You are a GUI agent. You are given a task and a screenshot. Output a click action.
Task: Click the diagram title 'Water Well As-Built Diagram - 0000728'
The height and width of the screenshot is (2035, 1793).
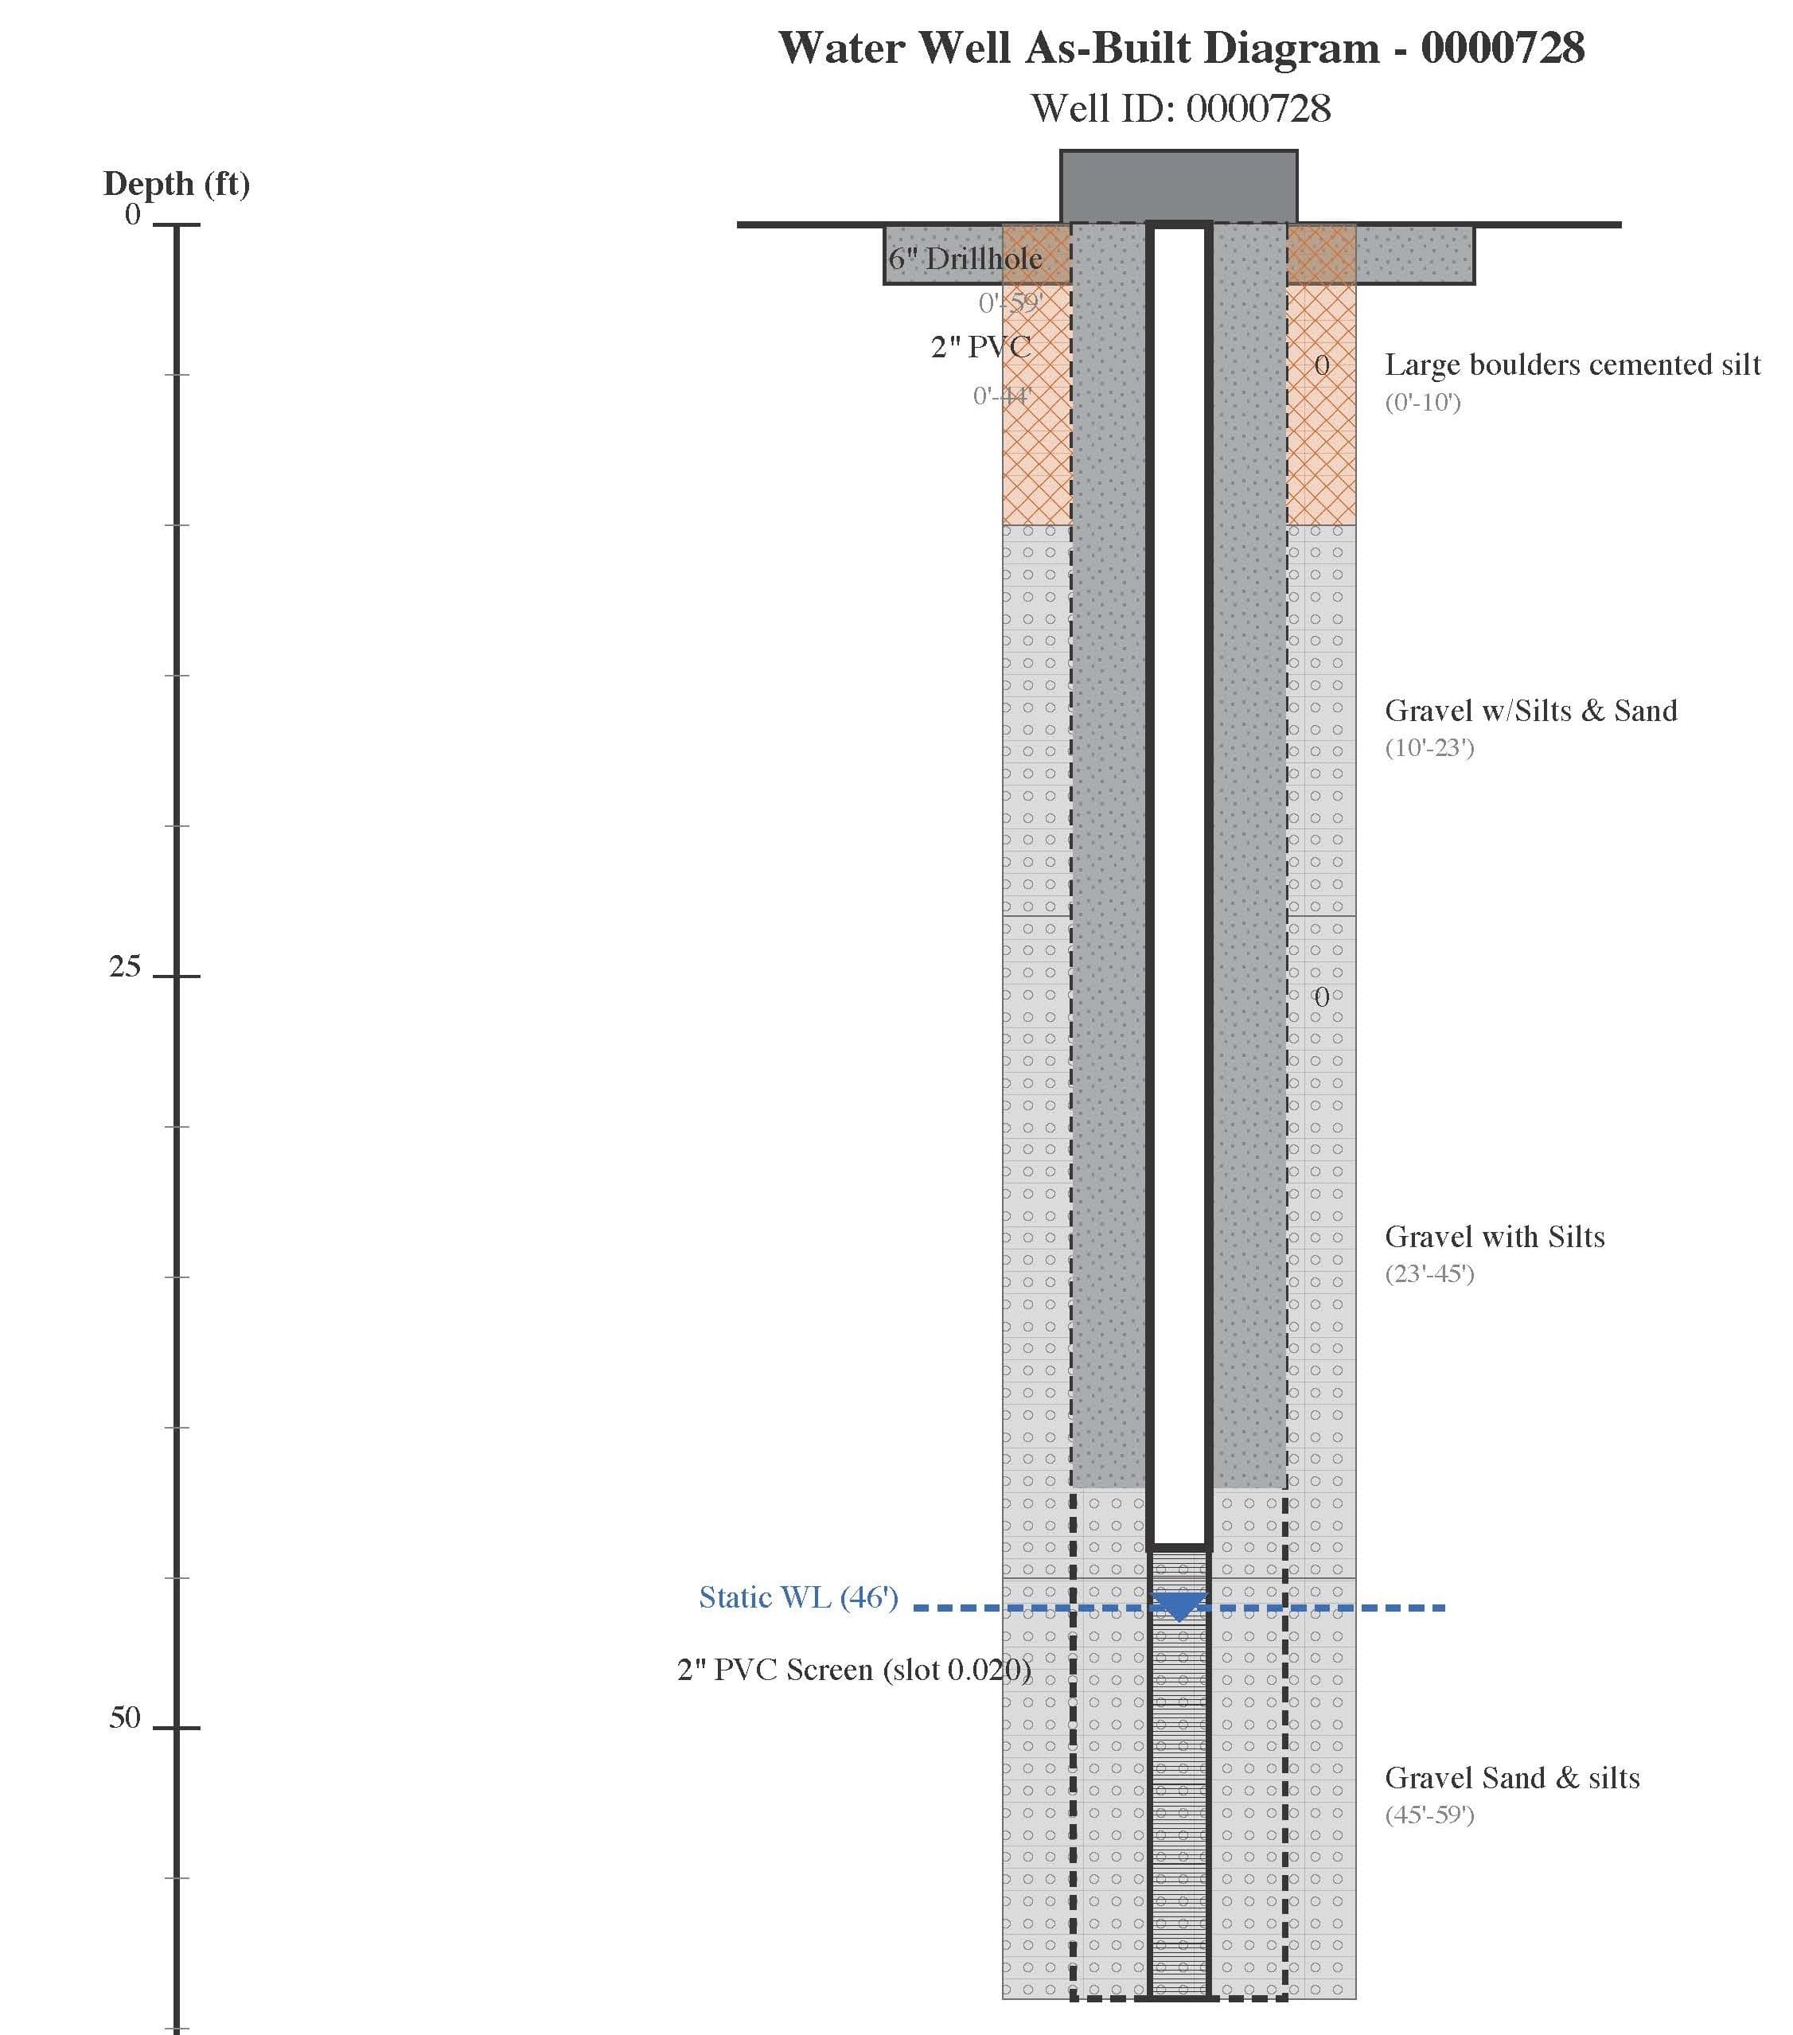(x=1181, y=48)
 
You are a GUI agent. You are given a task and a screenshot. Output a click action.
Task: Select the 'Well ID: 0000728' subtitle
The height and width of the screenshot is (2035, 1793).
(x=1181, y=108)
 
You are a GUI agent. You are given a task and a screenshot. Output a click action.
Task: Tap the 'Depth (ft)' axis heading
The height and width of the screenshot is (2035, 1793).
(x=176, y=183)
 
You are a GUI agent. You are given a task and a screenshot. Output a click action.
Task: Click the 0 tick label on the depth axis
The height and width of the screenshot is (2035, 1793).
(x=132, y=214)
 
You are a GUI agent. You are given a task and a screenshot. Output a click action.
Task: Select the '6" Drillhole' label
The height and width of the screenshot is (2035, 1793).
(x=965, y=259)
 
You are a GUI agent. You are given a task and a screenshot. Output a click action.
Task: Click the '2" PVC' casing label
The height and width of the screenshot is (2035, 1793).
(x=980, y=346)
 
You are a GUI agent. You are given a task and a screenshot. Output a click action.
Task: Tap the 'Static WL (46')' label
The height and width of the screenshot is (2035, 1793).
(x=798, y=1597)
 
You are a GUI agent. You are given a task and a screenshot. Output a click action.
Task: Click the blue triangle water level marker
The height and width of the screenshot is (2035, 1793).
(x=1179, y=1605)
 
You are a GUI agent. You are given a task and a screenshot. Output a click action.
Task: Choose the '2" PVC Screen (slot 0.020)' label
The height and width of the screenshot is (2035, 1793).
(x=854, y=1669)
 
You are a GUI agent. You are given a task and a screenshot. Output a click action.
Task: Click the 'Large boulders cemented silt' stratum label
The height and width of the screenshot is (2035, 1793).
(x=1572, y=365)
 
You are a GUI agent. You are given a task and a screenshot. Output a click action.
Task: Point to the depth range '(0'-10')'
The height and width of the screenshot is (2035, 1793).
(x=1423, y=402)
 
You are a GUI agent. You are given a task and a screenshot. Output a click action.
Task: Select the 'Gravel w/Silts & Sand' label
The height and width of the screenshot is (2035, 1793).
(x=1530, y=711)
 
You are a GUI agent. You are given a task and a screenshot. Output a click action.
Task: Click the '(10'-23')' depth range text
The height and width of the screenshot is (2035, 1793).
(x=1429, y=747)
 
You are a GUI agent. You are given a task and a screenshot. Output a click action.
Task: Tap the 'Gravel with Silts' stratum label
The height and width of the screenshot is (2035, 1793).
(x=1495, y=1237)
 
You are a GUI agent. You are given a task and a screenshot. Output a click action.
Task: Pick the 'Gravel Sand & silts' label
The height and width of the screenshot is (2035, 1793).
(x=1511, y=1777)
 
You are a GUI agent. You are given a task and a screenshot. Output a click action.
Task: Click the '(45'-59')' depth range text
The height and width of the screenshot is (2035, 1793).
(x=1429, y=1814)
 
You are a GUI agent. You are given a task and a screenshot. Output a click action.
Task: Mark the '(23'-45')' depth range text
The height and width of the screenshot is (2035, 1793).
(x=1429, y=1273)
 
